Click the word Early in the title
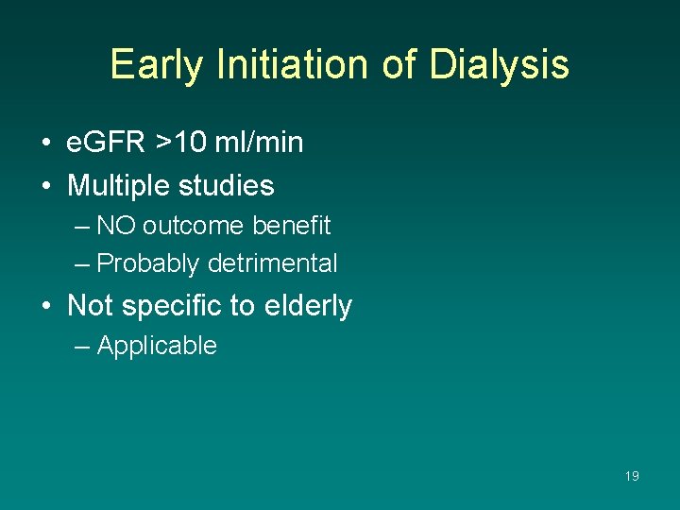point(157,65)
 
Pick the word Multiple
point(114,186)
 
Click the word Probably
point(148,263)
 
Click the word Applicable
point(157,346)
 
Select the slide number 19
point(632,476)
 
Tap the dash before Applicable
point(82,346)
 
